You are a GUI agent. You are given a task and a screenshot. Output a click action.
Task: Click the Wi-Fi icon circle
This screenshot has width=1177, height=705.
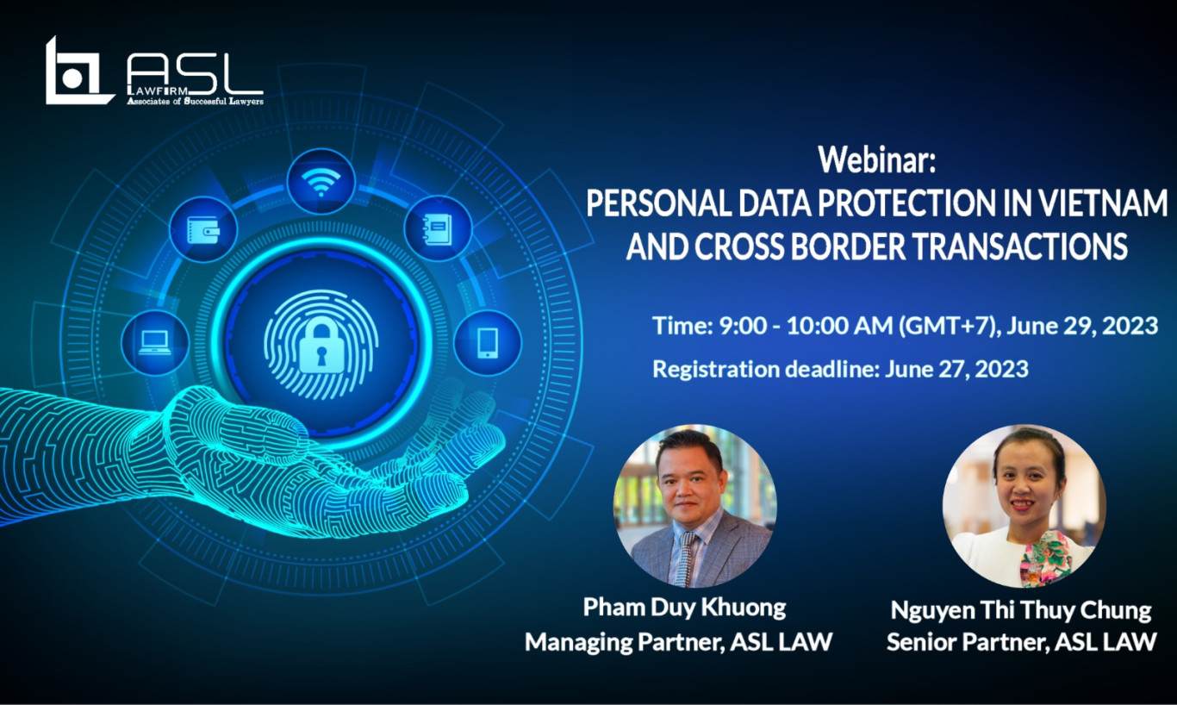pos(321,182)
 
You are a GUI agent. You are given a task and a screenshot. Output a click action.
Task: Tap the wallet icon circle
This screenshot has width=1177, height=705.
pos(202,229)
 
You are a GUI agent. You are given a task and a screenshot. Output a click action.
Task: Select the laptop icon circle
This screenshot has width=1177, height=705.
pos(155,342)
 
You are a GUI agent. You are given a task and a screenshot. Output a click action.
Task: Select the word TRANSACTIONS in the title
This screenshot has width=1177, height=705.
pos(1018,246)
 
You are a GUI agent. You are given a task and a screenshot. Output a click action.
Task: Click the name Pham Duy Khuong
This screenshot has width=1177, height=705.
pos(684,608)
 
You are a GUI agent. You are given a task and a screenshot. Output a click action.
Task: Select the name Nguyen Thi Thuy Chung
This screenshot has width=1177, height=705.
pos(1021,611)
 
